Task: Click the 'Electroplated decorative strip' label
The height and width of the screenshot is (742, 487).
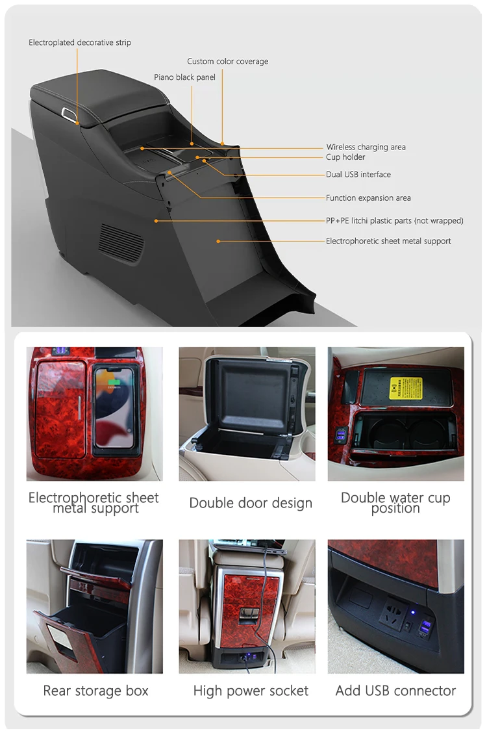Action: (80, 43)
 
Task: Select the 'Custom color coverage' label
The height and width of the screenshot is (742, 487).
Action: (227, 62)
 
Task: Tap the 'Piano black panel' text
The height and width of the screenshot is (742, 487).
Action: (184, 77)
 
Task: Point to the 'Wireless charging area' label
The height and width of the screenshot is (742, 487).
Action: (366, 147)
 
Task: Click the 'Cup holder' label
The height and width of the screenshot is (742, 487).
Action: (345, 157)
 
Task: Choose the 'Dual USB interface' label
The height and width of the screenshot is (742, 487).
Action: (358, 175)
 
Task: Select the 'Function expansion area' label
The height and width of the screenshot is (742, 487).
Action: (368, 198)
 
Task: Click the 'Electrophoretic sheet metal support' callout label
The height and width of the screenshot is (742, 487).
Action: (388, 241)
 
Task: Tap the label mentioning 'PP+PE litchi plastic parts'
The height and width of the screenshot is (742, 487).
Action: (394, 221)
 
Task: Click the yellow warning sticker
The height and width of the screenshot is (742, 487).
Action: (405, 388)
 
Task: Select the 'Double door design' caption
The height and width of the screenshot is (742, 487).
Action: (251, 503)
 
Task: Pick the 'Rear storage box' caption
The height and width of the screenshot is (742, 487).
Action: (95, 691)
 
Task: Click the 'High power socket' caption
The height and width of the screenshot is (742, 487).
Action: (251, 691)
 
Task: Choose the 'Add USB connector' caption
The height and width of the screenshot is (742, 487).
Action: (395, 691)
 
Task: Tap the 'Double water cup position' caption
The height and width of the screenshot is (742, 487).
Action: (395, 503)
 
